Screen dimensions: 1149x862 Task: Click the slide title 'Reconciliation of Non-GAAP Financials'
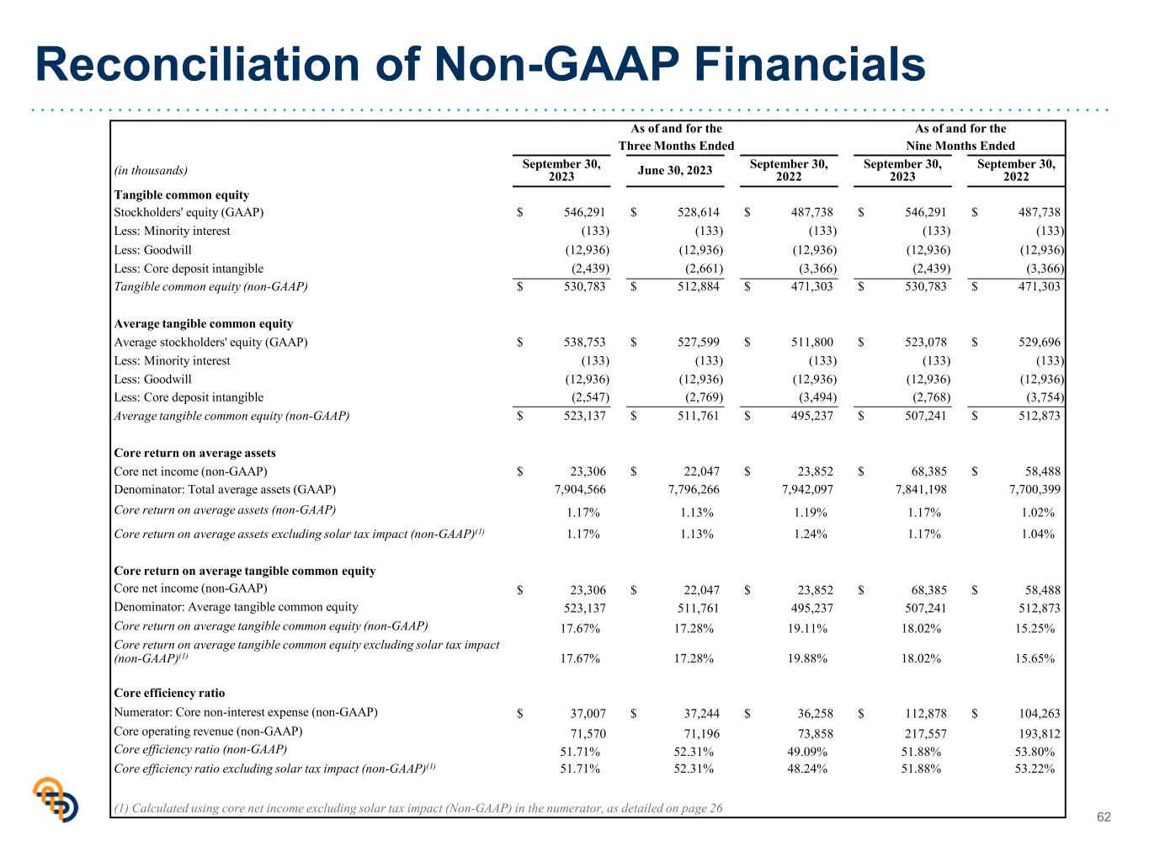tap(480, 64)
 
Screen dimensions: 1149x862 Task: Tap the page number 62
tap(1104, 817)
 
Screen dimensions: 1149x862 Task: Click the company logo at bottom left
tap(56, 799)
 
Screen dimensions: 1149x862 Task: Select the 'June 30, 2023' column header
tap(675, 170)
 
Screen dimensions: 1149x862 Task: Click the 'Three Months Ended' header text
tap(676, 146)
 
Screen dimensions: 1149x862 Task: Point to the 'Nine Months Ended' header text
tap(960, 146)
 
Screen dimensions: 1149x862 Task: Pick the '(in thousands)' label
tap(151, 171)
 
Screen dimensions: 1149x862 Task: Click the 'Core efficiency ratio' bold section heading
tap(169, 693)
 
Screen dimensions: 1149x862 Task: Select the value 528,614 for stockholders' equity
tap(699, 212)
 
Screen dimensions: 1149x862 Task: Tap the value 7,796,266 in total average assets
tap(694, 489)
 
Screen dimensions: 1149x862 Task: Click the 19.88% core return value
tap(807, 658)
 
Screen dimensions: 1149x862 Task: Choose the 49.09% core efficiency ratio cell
tap(807, 752)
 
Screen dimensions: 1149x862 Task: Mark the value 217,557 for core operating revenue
tap(925, 734)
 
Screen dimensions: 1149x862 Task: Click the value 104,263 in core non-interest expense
tap(1039, 713)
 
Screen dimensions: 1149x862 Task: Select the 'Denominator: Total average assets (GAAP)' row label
tap(225, 489)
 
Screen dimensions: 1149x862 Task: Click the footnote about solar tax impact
tap(418, 808)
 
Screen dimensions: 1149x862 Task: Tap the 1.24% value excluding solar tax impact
tap(811, 534)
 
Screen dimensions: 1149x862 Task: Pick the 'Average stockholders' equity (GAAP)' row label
tap(211, 342)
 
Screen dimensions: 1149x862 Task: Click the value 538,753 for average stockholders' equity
tap(584, 342)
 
